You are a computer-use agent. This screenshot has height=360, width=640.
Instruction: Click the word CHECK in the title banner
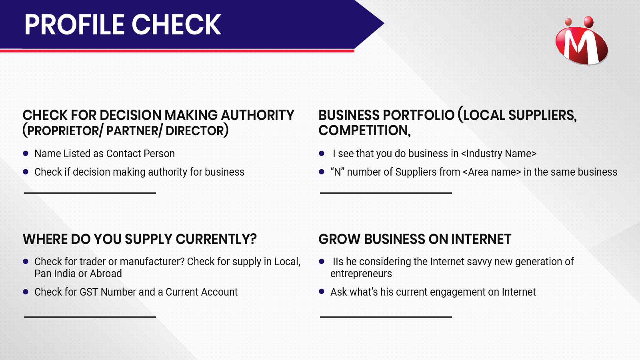tap(176, 25)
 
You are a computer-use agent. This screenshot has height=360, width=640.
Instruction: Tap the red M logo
tap(582, 40)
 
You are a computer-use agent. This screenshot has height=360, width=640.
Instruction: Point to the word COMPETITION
tap(364, 130)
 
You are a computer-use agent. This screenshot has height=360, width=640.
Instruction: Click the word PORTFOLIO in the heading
tap(418, 115)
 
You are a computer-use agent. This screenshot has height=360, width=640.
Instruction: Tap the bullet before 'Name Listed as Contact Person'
tap(26, 154)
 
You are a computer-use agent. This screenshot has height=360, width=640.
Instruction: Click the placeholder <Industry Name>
tap(499, 154)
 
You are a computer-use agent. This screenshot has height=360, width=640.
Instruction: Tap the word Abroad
tap(106, 274)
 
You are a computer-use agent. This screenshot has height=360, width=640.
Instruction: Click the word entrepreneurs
tap(361, 274)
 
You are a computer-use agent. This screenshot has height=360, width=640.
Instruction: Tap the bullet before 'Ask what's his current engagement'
tap(322, 292)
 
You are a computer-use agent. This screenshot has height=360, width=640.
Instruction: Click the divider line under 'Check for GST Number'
tap(90, 317)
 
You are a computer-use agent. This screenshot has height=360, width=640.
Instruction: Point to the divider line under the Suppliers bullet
tap(386, 193)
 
